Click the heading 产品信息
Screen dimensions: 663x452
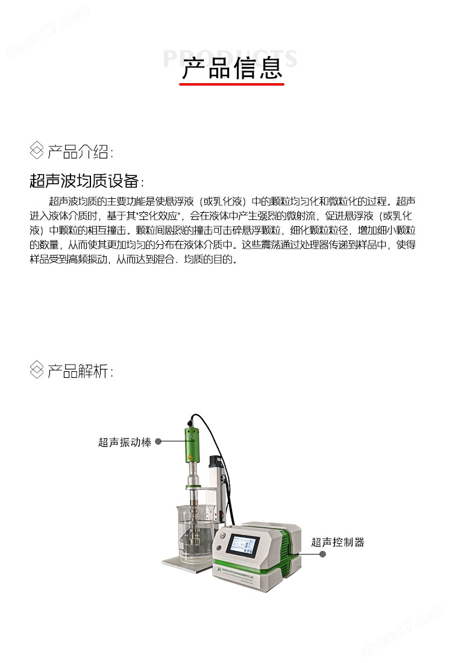click(x=232, y=68)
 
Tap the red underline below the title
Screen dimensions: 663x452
click(x=232, y=85)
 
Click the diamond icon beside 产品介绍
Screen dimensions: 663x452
click(x=37, y=151)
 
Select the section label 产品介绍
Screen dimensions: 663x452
click(x=80, y=151)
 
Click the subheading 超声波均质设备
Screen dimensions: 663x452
click(x=86, y=181)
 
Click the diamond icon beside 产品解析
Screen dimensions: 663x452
click(x=37, y=370)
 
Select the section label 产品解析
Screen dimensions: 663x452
click(x=80, y=371)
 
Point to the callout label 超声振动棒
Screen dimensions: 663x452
click(x=125, y=442)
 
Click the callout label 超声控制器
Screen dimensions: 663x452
click(x=337, y=542)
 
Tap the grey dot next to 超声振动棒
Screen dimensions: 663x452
click(x=159, y=442)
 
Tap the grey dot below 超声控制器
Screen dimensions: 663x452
click(x=323, y=554)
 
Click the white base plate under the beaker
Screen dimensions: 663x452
click(x=181, y=562)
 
